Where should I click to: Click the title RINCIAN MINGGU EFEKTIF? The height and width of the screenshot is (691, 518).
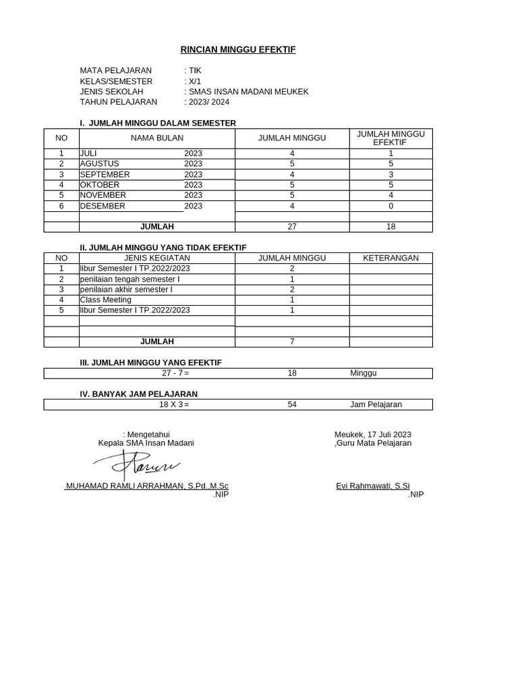(237, 50)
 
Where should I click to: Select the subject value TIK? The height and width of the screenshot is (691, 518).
(195, 71)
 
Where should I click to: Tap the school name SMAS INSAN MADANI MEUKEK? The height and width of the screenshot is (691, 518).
(248, 92)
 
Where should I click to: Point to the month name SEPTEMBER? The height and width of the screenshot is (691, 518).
(105, 174)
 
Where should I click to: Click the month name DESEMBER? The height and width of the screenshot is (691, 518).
(103, 206)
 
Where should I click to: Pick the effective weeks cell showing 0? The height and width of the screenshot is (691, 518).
(391, 206)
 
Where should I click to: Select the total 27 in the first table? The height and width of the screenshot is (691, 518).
(292, 227)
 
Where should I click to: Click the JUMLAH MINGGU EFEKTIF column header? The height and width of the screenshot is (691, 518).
(391, 138)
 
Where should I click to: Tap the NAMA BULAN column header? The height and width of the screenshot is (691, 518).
(157, 138)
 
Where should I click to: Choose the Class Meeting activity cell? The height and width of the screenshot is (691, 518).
(105, 300)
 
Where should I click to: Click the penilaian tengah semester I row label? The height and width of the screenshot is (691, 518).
(129, 279)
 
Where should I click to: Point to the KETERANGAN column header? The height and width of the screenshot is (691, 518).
(391, 258)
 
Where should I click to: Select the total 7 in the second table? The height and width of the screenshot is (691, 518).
(292, 341)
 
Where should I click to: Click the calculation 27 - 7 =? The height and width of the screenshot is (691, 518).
(175, 373)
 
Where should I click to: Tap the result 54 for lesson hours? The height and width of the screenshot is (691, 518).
(292, 405)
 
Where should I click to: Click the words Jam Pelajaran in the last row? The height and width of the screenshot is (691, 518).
(376, 405)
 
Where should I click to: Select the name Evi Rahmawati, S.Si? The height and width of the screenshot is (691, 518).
(372, 486)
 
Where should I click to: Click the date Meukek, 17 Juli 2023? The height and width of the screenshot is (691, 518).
(372, 435)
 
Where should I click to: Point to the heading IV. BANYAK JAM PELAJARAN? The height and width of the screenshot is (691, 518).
(139, 394)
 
